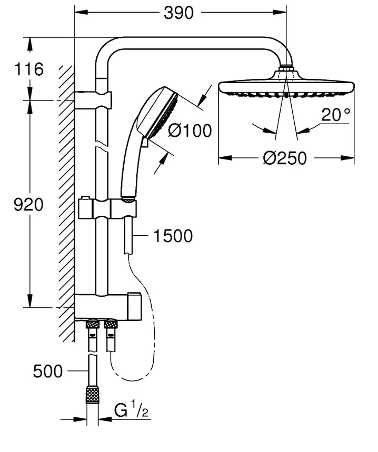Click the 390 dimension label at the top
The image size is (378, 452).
click(x=178, y=13)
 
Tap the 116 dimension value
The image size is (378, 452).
click(x=29, y=69)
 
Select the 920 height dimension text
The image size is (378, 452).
click(x=28, y=205)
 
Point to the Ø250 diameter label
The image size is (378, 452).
click(x=285, y=158)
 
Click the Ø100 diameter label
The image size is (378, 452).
click(x=190, y=130)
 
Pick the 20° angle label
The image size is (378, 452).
click(x=335, y=114)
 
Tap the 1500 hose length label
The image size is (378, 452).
click(x=173, y=236)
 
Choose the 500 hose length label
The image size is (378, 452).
click(x=47, y=371)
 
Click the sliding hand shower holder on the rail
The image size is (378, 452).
click(x=107, y=209)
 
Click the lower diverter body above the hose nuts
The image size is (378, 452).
click(x=108, y=307)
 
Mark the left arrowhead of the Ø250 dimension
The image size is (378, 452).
click(x=225, y=158)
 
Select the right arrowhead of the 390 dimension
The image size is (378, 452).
click(x=280, y=13)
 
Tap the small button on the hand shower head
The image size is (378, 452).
click(x=145, y=143)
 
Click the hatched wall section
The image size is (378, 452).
click(x=67, y=203)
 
